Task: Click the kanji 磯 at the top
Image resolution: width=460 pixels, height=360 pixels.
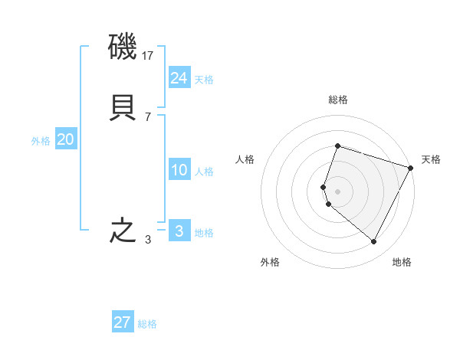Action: [123, 49]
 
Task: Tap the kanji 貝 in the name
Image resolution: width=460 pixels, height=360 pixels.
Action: [123, 107]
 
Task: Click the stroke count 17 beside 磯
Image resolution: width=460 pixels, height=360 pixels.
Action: [149, 56]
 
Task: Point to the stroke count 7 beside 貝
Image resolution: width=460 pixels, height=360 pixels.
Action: [148, 116]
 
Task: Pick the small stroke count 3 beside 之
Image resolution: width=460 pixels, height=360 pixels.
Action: [148, 240]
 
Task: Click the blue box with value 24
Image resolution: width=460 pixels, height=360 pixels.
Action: [179, 77]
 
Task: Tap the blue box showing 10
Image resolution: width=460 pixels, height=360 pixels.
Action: [179, 170]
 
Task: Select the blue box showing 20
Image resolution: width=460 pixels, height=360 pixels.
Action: [66, 139]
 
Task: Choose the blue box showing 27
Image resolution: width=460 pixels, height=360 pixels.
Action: [123, 322]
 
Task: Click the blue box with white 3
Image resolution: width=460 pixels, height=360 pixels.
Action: [179, 231]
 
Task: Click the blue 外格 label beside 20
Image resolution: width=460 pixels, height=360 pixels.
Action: [41, 141]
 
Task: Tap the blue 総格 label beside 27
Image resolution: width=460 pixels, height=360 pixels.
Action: [147, 324]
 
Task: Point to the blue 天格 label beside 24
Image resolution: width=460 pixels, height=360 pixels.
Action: [204, 80]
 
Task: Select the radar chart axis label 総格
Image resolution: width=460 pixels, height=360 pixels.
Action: [337, 100]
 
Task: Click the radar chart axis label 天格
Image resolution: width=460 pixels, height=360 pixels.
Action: [431, 159]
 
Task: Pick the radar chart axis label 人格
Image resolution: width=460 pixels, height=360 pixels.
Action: [245, 159]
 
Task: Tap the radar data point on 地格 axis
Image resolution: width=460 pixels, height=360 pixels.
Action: [374, 242]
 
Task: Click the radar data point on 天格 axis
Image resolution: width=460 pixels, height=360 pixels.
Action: [411, 167]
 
